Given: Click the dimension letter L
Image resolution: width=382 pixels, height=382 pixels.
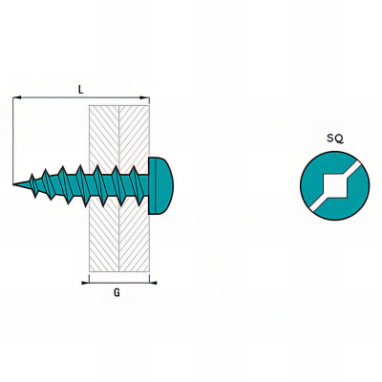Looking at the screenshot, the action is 81,90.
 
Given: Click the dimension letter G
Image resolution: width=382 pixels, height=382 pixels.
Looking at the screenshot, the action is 117,292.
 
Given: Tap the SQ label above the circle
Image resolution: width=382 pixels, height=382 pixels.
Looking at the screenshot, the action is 335,138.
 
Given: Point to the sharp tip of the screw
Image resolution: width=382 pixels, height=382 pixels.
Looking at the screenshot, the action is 13,184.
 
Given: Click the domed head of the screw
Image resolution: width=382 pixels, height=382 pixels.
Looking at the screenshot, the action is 161,185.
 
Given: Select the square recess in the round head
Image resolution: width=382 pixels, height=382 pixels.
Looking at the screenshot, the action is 335,185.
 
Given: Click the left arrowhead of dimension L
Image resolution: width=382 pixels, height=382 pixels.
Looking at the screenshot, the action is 17,97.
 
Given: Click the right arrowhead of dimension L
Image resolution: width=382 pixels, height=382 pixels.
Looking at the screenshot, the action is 145,97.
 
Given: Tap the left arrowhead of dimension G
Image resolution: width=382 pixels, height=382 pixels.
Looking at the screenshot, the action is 85,283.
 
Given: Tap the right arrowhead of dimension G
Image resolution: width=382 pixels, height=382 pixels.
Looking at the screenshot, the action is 153,283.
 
